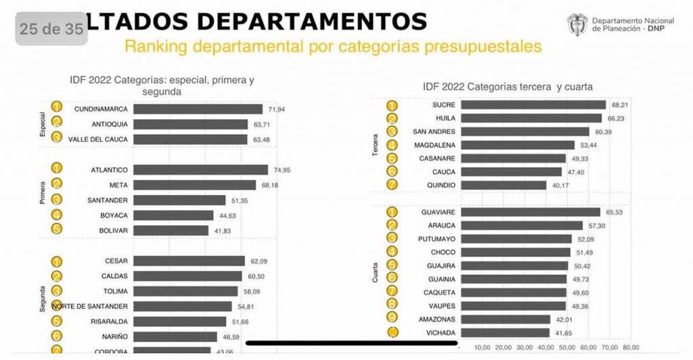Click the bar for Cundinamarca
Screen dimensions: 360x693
[198, 109]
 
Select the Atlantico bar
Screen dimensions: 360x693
[200, 169]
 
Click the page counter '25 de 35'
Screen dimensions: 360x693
[51, 29]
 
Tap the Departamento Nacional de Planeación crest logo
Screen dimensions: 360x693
[577, 25]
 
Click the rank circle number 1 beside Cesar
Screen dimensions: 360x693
[57, 261]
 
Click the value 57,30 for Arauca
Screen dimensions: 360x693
[595, 225]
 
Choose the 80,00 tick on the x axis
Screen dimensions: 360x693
[631, 348]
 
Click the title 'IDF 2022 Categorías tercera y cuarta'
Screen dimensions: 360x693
[508, 87]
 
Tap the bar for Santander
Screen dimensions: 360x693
[179, 200]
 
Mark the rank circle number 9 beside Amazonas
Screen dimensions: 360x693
[392, 319]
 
